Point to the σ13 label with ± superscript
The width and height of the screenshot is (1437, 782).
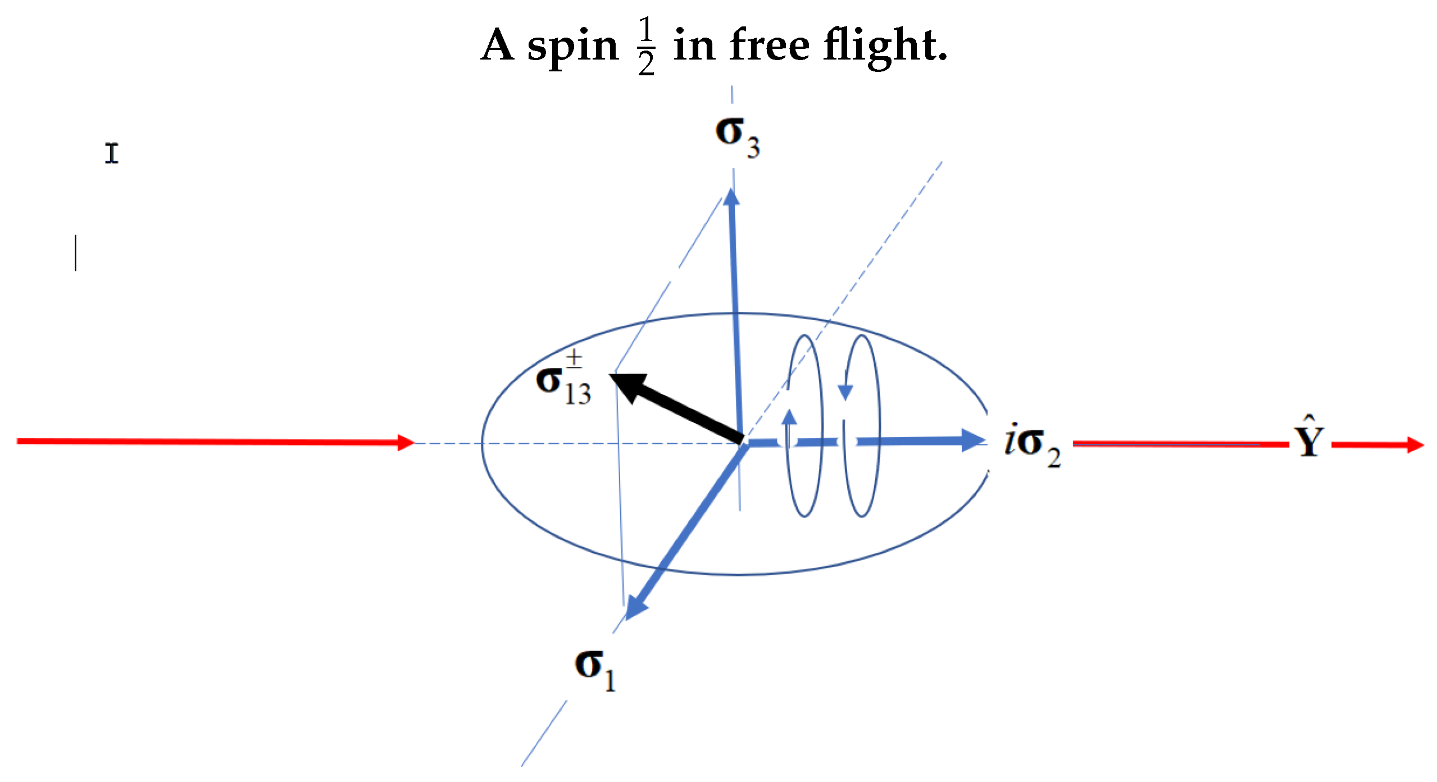coord(563,379)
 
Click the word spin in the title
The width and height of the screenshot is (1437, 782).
coord(572,46)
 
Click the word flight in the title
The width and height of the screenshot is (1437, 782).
coord(885,46)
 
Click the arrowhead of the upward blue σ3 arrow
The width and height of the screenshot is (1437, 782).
coord(731,197)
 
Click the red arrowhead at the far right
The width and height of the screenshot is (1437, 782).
coord(1416,445)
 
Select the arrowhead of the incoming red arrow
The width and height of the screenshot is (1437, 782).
coord(406,443)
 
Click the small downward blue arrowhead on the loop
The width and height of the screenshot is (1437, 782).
coord(845,392)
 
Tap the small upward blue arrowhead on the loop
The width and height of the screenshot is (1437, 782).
coord(790,417)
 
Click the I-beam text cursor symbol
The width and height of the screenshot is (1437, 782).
coord(112,153)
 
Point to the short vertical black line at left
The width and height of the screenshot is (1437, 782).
coord(76,253)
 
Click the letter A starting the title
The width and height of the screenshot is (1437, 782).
coord(498,45)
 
